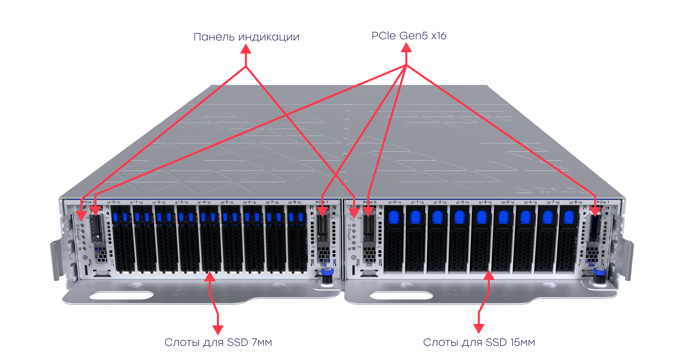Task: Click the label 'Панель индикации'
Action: (246, 37)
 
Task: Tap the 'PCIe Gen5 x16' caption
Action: (409, 36)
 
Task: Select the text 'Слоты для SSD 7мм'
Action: (218, 342)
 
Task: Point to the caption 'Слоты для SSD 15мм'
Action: (479, 342)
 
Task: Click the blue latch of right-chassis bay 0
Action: (394, 217)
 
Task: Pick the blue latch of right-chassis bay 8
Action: (569, 217)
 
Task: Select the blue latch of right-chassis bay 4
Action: (482, 217)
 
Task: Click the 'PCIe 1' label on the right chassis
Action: (603, 202)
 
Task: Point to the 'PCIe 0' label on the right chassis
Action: (369, 202)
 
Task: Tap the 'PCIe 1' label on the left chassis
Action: (322, 202)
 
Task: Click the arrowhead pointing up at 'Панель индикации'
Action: (246, 49)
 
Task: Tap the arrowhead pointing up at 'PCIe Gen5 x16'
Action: (406, 47)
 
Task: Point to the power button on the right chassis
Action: (354, 257)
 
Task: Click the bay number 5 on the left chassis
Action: (227, 202)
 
